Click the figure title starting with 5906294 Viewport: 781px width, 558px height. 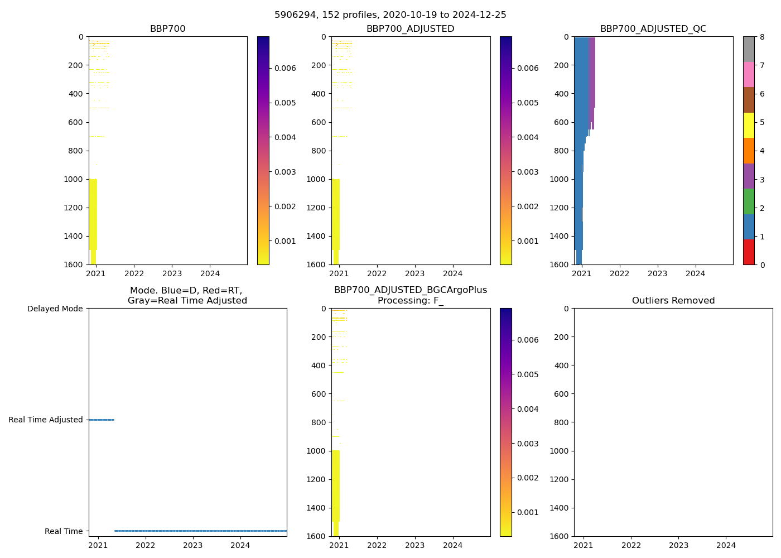[390, 15]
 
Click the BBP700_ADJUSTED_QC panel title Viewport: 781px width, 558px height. [653, 29]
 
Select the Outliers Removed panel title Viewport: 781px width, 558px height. [673, 301]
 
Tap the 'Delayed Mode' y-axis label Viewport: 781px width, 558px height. [55, 309]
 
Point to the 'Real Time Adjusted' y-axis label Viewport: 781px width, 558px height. [46, 420]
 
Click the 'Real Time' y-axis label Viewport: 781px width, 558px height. [64, 531]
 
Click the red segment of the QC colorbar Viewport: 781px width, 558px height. [749, 252]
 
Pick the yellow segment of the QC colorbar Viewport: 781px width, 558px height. [749, 125]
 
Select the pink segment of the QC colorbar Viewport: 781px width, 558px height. [749, 74]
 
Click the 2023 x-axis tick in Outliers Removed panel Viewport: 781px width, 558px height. [679, 545]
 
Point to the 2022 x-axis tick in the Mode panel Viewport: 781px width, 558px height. [145, 545]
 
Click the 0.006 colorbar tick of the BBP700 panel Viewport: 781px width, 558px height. [285, 68]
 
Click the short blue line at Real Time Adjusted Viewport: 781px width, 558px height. [101, 420]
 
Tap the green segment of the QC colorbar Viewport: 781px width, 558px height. [749, 201]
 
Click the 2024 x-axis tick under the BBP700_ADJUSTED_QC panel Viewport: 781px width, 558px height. [696, 273]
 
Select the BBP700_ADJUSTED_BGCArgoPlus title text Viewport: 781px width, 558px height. [410, 290]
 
